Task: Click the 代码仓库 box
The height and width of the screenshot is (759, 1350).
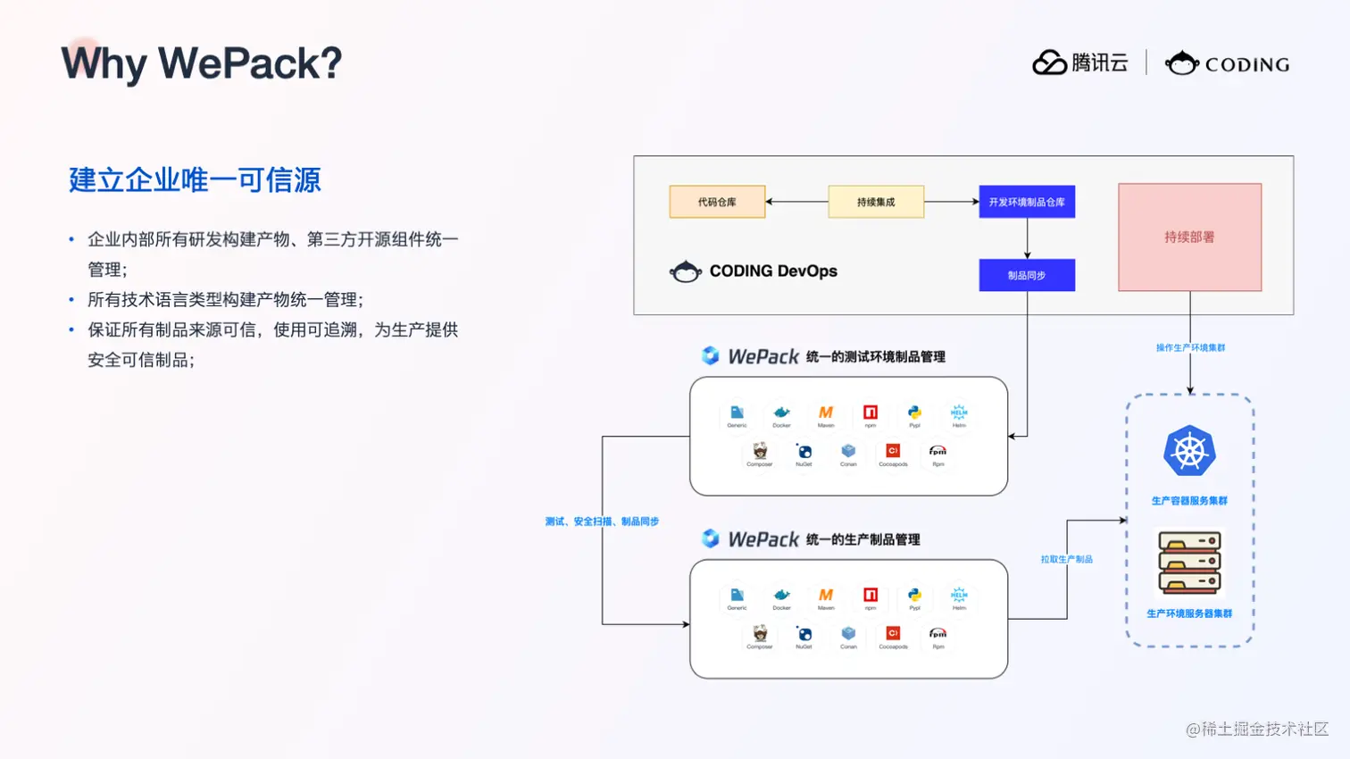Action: click(717, 202)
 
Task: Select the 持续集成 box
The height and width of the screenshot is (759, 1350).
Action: click(876, 202)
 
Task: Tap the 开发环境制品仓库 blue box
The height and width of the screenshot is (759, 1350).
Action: click(1027, 202)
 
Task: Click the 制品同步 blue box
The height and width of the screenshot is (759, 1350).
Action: click(1027, 275)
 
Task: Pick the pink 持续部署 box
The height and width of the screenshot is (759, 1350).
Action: click(1189, 238)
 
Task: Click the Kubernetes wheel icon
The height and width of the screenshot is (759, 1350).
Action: click(1189, 451)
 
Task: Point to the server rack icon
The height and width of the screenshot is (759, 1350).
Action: click(1189, 563)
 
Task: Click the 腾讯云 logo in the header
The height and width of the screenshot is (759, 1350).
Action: click(1080, 63)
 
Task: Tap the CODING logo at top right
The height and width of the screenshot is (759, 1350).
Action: click(1228, 63)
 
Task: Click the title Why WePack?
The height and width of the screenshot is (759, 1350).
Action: click(202, 63)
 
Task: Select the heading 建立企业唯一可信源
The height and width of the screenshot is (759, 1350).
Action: click(195, 180)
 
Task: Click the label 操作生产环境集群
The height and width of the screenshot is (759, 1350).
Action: click(1190, 347)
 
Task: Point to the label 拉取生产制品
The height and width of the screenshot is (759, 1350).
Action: click(1066, 559)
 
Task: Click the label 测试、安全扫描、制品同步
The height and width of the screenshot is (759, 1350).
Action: click(602, 521)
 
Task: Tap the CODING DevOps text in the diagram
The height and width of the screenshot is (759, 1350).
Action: click(773, 271)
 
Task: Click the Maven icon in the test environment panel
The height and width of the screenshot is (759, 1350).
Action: click(826, 413)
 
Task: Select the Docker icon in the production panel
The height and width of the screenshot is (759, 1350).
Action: click(781, 596)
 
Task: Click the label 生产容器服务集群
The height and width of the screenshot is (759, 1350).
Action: click(1189, 501)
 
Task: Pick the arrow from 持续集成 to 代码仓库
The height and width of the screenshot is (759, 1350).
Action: click(796, 202)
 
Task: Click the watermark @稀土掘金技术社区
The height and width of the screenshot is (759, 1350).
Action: click(1257, 729)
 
